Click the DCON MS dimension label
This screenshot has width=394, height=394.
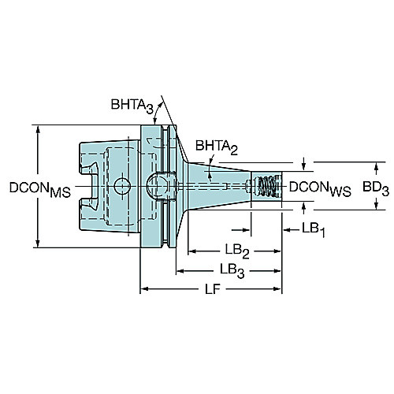[40, 190]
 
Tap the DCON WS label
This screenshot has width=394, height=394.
[320, 189]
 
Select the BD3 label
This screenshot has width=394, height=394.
[376, 188]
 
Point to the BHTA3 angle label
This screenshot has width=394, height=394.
[132, 106]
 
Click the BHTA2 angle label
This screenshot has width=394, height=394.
[217, 147]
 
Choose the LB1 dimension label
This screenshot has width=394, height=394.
[314, 230]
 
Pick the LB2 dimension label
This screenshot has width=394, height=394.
[237, 251]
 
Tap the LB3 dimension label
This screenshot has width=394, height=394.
[232, 271]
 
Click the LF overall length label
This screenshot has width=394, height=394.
[213, 289]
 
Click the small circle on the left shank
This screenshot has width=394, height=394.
[122, 186]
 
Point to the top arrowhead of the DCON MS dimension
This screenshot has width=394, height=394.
[39, 130]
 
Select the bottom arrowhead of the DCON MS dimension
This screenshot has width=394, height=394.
[39, 243]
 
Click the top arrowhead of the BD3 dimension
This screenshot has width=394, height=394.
[376, 167]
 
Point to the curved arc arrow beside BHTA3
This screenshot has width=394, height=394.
[157, 113]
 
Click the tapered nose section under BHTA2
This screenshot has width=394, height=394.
[219, 186]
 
